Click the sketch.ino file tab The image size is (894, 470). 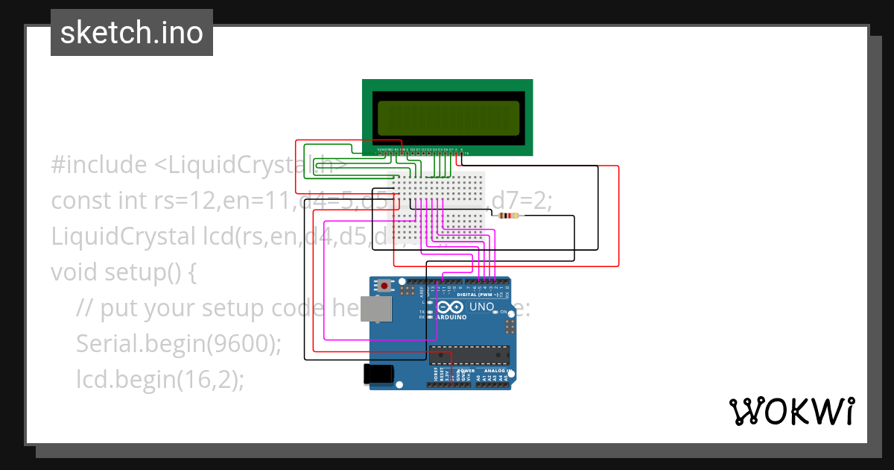point(132,33)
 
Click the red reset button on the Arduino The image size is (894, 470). point(384,286)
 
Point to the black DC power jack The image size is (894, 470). point(376,375)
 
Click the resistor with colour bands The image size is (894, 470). point(510,216)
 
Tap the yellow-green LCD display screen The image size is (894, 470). point(448,118)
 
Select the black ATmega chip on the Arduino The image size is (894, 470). point(469,357)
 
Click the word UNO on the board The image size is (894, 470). point(481,307)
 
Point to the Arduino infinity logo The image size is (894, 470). point(452,307)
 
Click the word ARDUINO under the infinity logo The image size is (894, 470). point(451,317)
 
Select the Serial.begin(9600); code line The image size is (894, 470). point(179,344)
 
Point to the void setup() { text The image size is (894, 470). point(124,272)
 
